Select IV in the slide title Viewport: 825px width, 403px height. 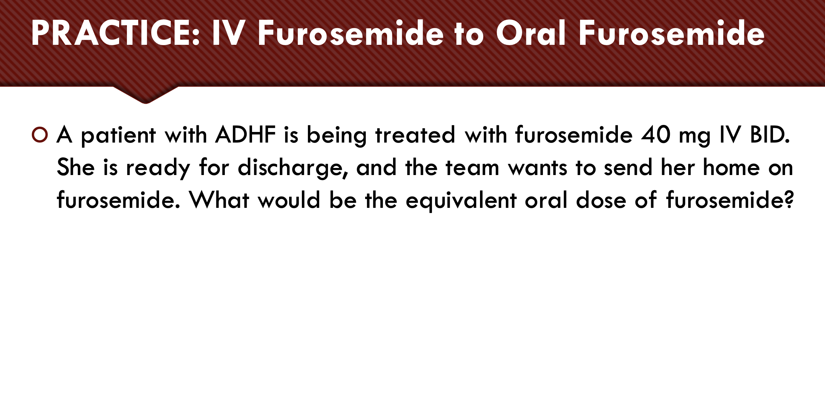click(x=228, y=34)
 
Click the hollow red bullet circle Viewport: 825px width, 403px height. click(x=40, y=134)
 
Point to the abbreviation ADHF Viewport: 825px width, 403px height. click(x=245, y=135)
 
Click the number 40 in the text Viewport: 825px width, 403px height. click(x=656, y=135)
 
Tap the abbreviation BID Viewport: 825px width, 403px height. click(x=770, y=135)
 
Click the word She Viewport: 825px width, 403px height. click(x=76, y=167)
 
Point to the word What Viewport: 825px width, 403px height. click(x=219, y=200)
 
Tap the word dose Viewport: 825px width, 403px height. click(x=601, y=200)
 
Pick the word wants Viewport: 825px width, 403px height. click(x=537, y=167)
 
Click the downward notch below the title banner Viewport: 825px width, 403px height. click(x=146, y=95)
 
